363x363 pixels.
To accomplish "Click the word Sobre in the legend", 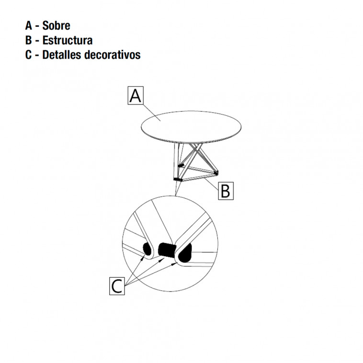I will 56,26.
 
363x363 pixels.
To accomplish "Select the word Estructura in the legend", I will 67,40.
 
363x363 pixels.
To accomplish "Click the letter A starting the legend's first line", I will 29,26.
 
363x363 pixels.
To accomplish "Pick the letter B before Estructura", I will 29,40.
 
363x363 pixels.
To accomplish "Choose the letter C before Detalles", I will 29,55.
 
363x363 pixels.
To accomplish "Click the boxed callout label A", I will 136,96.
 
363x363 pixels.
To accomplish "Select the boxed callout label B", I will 226,191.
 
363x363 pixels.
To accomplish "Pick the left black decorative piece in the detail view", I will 147,248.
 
